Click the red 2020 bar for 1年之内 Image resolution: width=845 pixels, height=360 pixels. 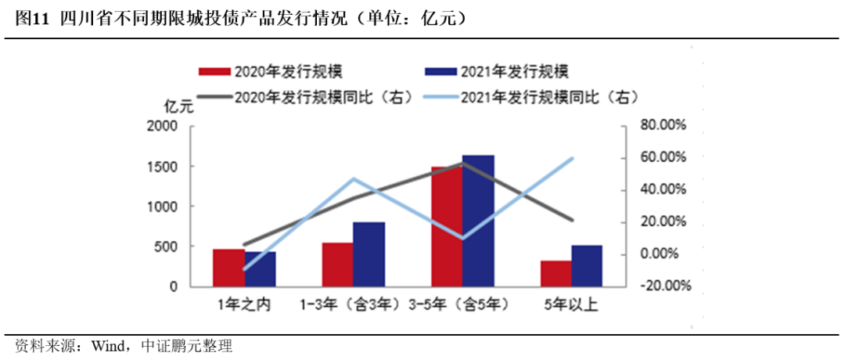pos(229,268)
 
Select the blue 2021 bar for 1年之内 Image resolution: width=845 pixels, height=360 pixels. pos(261,270)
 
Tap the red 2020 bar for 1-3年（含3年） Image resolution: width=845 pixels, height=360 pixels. pos(338,265)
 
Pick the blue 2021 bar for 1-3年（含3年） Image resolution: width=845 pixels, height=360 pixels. pos(369,255)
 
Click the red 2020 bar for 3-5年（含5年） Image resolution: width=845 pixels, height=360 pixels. pos(447,227)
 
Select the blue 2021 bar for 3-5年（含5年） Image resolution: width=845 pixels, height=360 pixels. pos(478,221)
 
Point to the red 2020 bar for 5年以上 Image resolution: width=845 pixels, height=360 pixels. pos(556,274)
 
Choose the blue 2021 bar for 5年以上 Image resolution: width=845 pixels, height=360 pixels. pos(587,267)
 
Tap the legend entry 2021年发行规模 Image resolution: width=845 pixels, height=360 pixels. pos(494,71)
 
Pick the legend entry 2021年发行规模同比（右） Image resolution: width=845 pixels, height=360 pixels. pos(532,97)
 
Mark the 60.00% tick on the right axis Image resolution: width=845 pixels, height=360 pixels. pos(663,157)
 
